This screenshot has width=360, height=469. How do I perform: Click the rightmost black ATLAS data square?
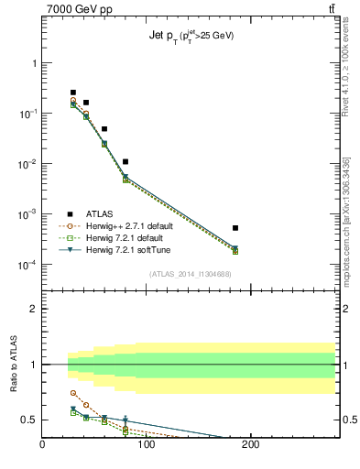point(235,228)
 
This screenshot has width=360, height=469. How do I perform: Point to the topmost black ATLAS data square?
point(73,93)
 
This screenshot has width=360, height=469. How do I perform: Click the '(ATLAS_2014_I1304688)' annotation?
point(190,273)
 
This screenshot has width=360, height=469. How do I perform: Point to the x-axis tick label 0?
point(42,446)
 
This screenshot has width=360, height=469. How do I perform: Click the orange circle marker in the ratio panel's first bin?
point(73,393)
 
